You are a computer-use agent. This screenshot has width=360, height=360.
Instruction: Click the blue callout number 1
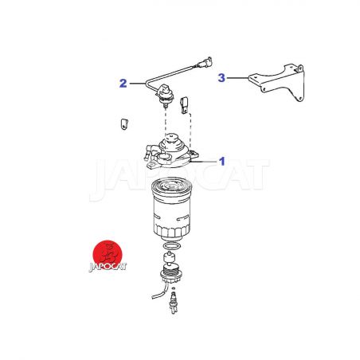tap(222, 162)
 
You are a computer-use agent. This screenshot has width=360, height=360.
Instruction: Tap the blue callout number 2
tap(123, 84)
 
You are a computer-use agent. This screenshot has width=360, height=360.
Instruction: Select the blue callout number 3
tap(221, 78)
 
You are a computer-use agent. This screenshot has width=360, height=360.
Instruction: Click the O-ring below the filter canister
tap(172, 246)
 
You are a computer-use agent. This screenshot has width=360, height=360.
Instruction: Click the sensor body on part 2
tap(166, 95)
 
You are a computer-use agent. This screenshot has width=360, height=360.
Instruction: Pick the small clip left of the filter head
tap(124, 124)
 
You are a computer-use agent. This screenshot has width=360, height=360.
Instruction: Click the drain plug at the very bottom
tap(174, 303)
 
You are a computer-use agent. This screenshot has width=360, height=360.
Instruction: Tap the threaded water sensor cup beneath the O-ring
tap(171, 272)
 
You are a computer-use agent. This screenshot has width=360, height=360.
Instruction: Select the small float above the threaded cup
tap(169, 257)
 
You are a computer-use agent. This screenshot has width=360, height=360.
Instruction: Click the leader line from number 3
tap(237, 78)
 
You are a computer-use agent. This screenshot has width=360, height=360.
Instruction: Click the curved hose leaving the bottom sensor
tap(158, 292)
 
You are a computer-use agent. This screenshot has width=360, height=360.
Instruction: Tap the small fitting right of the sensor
tap(185, 105)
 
